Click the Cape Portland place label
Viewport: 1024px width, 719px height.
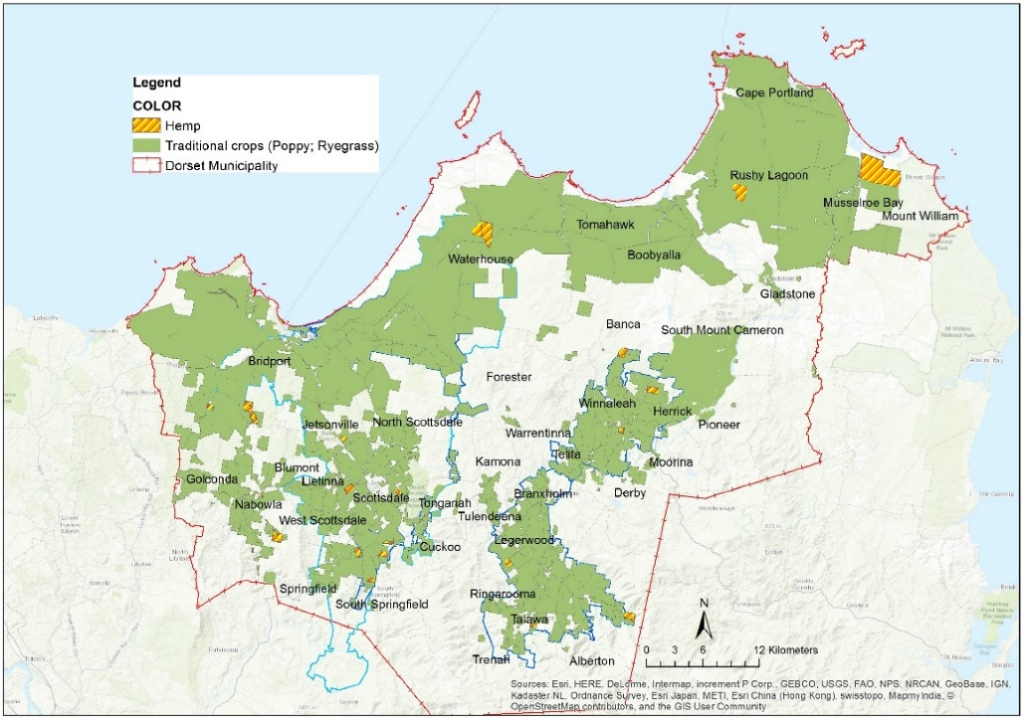coord(774,93)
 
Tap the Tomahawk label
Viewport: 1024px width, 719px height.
coord(605,224)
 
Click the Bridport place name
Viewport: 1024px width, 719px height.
coord(269,361)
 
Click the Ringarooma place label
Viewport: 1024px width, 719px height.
coord(503,594)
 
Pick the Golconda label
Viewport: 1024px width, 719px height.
coord(212,479)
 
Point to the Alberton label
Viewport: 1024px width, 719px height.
coord(592,661)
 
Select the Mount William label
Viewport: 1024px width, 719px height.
coord(920,216)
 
